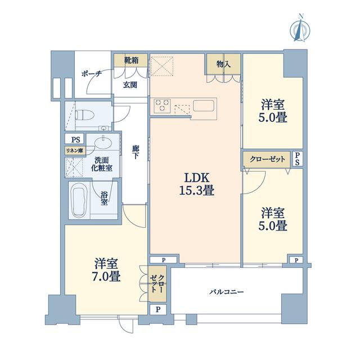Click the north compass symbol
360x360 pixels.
[300, 29]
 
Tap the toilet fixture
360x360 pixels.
[84, 115]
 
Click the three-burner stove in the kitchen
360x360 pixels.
[163, 106]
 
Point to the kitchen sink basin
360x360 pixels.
[204, 106]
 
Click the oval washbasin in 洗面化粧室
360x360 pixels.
[103, 143]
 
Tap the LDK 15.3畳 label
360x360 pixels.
[197, 184]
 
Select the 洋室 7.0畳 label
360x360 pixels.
[107, 269]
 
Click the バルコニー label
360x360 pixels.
[226, 292]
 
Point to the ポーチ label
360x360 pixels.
[92, 74]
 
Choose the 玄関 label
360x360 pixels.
[130, 85]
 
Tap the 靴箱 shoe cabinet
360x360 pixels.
[131, 60]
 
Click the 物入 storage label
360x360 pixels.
[224, 64]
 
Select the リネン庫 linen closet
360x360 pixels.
[75, 151]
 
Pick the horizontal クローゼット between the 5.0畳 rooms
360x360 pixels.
[267, 159]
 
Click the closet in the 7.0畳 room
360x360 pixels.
[157, 283]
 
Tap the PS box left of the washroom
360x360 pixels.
[75, 139]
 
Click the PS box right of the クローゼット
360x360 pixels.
[298, 159]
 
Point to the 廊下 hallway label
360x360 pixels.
[136, 152]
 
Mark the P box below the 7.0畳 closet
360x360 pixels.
[158, 309]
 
